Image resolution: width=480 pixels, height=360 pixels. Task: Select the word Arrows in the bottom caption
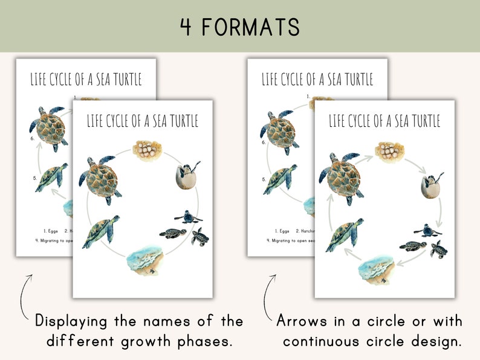[306, 321]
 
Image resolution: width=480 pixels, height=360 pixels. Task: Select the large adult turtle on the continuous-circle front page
[100, 178]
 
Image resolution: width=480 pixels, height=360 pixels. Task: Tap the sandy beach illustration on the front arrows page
[377, 269]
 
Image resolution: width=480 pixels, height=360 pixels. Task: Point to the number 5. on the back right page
[264, 179]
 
